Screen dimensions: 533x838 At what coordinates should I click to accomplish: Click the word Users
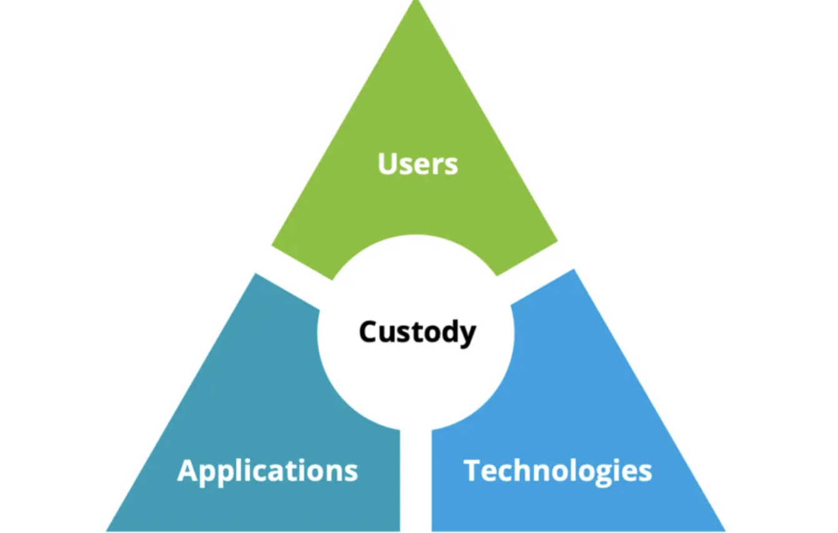[x=417, y=164]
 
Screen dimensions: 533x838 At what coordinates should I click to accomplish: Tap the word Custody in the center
[x=417, y=331]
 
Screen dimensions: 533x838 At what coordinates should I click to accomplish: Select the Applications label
[x=267, y=471]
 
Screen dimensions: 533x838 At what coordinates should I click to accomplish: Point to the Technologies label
[x=558, y=471]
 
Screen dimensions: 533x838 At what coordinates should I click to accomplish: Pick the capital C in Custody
[x=370, y=331]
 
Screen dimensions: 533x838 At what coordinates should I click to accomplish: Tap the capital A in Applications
[x=188, y=470]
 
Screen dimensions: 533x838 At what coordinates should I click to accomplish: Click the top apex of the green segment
[x=415, y=4]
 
